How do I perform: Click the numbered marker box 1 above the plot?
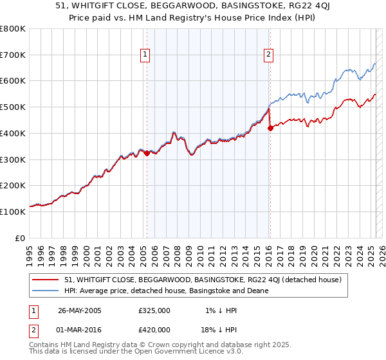[146, 55]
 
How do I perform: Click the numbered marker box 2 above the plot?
[268, 55]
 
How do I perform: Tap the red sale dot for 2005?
[147, 153]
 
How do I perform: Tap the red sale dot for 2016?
[270, 128]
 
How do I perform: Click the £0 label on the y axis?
[20, 238]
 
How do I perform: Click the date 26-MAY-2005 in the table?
[80, 310]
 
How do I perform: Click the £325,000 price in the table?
[154, 310]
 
